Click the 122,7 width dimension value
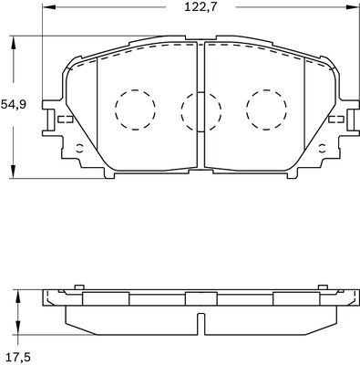[x=201, y=6]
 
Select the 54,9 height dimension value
[x=14, y=104]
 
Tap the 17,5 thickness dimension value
[x=18, y=357]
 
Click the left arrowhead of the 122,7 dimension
[x=47, y=6]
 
